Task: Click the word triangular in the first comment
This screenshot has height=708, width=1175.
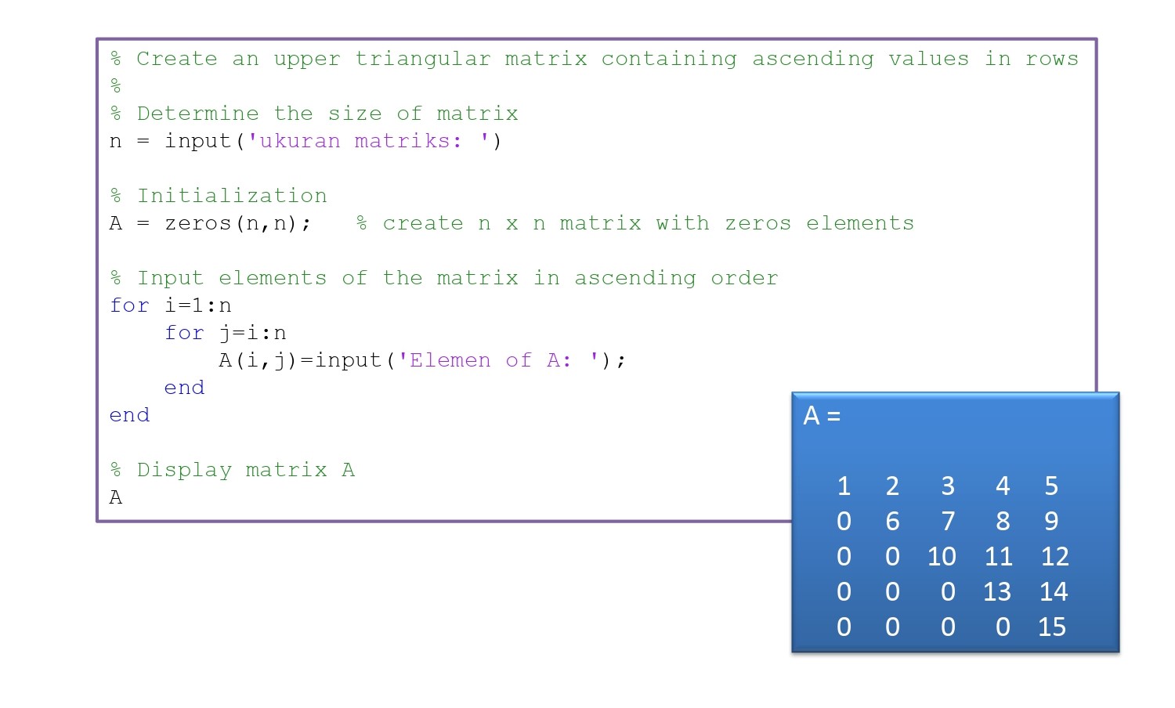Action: click(423, 60)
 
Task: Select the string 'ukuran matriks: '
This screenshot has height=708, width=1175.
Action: click(367, 141)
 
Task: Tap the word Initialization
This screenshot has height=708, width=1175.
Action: click(232, 196)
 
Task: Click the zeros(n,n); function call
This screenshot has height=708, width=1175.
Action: click(237, 223)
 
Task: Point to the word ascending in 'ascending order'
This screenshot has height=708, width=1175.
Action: click(635, 279)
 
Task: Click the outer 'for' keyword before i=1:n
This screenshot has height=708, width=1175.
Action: click(129, 305)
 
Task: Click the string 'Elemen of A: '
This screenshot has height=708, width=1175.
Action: click(497, 360)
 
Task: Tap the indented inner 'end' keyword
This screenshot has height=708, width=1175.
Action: click(184, 388)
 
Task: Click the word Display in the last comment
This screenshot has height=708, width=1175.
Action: click(184, 471)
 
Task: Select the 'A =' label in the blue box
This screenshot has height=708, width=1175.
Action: click(822, 416)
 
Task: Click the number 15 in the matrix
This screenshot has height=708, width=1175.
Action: click(1052, 627)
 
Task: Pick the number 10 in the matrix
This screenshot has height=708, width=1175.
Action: click(942, 556)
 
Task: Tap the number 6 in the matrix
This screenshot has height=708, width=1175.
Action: click(892, 522)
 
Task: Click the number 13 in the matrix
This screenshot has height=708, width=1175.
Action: click(997, 591)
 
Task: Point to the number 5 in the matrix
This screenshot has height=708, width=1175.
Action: click(1051, 486)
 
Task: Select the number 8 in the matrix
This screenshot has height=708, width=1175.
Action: click(1003, 522)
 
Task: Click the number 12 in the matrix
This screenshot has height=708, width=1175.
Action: click(1054, 556)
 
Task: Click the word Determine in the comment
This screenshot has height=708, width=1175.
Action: click(197, 114)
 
